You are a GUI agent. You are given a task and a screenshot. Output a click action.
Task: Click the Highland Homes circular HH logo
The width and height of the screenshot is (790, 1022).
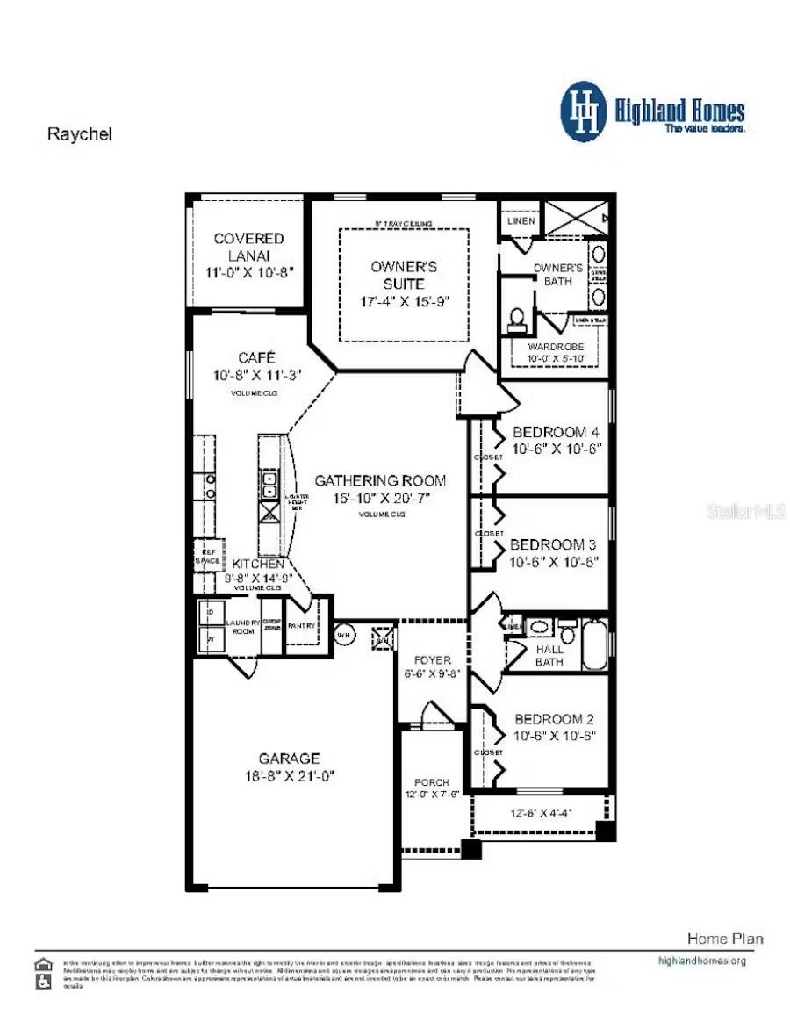[584, 112]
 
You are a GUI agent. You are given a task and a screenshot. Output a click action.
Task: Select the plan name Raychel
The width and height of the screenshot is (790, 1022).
[79, 134]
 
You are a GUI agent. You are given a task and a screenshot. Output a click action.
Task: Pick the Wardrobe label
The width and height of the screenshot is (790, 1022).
[556, 347]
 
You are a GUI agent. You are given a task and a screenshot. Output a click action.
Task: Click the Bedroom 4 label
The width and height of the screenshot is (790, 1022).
[556, 432]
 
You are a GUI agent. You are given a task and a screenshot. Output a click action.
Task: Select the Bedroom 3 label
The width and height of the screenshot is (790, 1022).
[554, 544]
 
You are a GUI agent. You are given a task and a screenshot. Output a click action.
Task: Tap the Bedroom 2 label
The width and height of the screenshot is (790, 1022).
[555, 719]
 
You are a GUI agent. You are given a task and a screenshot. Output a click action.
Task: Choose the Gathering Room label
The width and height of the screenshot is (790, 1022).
[380, 480]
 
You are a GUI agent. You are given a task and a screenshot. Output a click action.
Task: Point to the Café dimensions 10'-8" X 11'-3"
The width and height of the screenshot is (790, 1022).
[256, 375]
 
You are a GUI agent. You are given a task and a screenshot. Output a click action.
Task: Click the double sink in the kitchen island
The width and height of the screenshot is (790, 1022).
[269, 484]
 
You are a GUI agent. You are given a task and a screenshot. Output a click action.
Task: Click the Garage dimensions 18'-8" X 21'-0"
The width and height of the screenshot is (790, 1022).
[289, 775]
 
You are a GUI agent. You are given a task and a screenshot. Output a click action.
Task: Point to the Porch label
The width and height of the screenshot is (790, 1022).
[431, 782]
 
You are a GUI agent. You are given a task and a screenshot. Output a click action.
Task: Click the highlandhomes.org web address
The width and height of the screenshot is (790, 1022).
[701, 961]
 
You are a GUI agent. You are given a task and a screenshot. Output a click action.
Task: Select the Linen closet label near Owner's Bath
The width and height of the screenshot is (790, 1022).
[521, 221]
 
